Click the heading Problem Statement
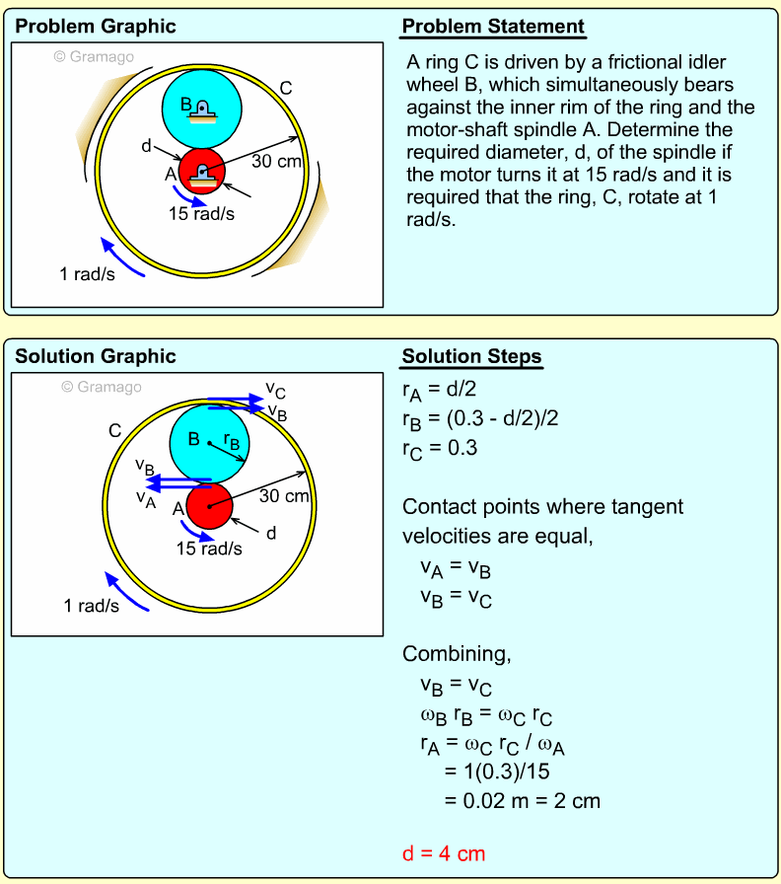pyautogui.click(x=493, y=27)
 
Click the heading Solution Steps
pyautogui.click(x=471, y=356)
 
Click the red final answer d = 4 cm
pyautogui.click(x=444, y=853)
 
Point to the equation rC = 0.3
pyautogui.click(x=440, y=448)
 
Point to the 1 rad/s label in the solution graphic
pyautogui.click(x=92, y=606)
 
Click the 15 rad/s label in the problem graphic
pyautogui.click(x=206, y=212)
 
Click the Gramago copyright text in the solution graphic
pyautogui.click(x=102, y=387)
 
